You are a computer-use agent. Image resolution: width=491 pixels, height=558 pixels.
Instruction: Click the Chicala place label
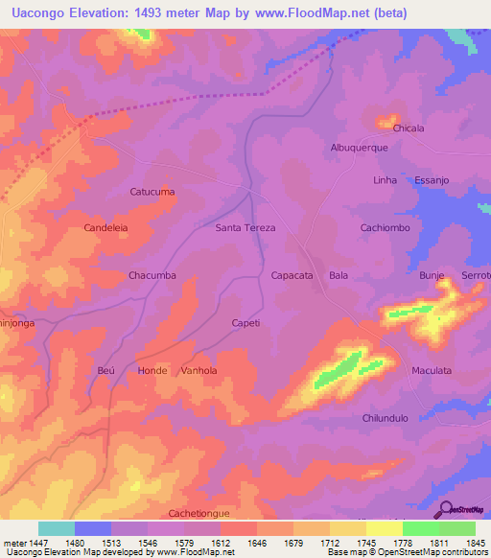tap(409, 128)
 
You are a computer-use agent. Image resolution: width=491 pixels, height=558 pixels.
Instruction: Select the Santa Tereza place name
tap(245, 228)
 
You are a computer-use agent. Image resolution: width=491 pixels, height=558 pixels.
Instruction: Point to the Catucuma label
tap(152, 192)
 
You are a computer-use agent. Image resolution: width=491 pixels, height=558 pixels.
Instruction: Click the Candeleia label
tap(107, 228)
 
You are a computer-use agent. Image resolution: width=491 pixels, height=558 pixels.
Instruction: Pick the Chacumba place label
tap(152, 275)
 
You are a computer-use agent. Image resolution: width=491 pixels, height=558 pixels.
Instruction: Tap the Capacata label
tap(292, 275)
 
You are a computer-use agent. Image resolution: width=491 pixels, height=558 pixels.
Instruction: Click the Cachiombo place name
tap(385, 228)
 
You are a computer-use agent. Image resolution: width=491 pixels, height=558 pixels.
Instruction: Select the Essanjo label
tap(433, 179)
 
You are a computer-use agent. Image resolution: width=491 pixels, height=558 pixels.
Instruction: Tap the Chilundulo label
tap(386, 418)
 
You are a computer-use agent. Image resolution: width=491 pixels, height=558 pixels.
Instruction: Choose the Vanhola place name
tap(199, 370)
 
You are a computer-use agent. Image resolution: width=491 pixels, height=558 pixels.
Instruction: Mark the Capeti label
tap(245, 323)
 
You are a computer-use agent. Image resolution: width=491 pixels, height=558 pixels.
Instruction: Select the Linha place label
tap(385, 179)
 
